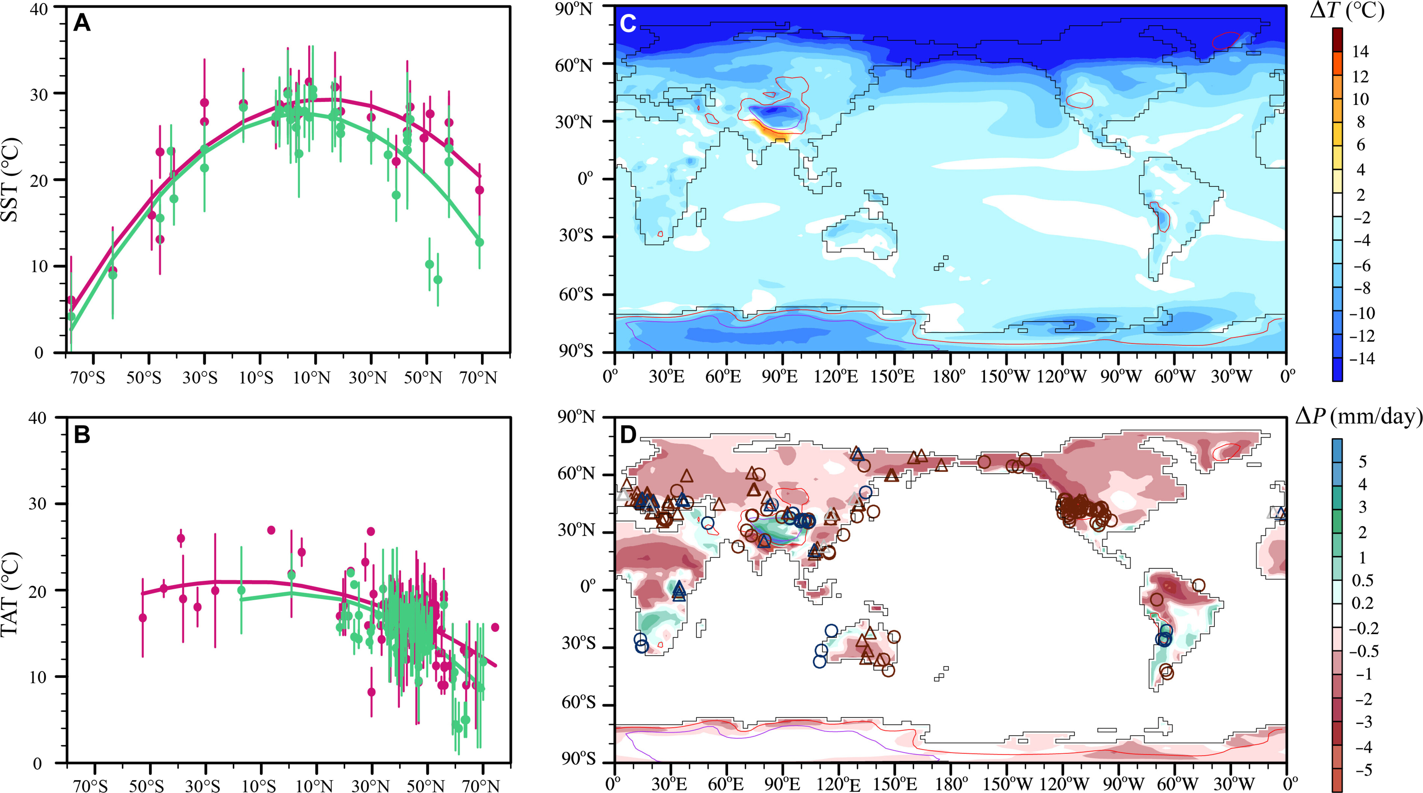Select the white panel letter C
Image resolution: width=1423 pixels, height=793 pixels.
629,23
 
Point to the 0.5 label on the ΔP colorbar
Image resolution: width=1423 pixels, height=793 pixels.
1362,580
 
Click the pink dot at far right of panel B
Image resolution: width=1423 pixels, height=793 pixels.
495,627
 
